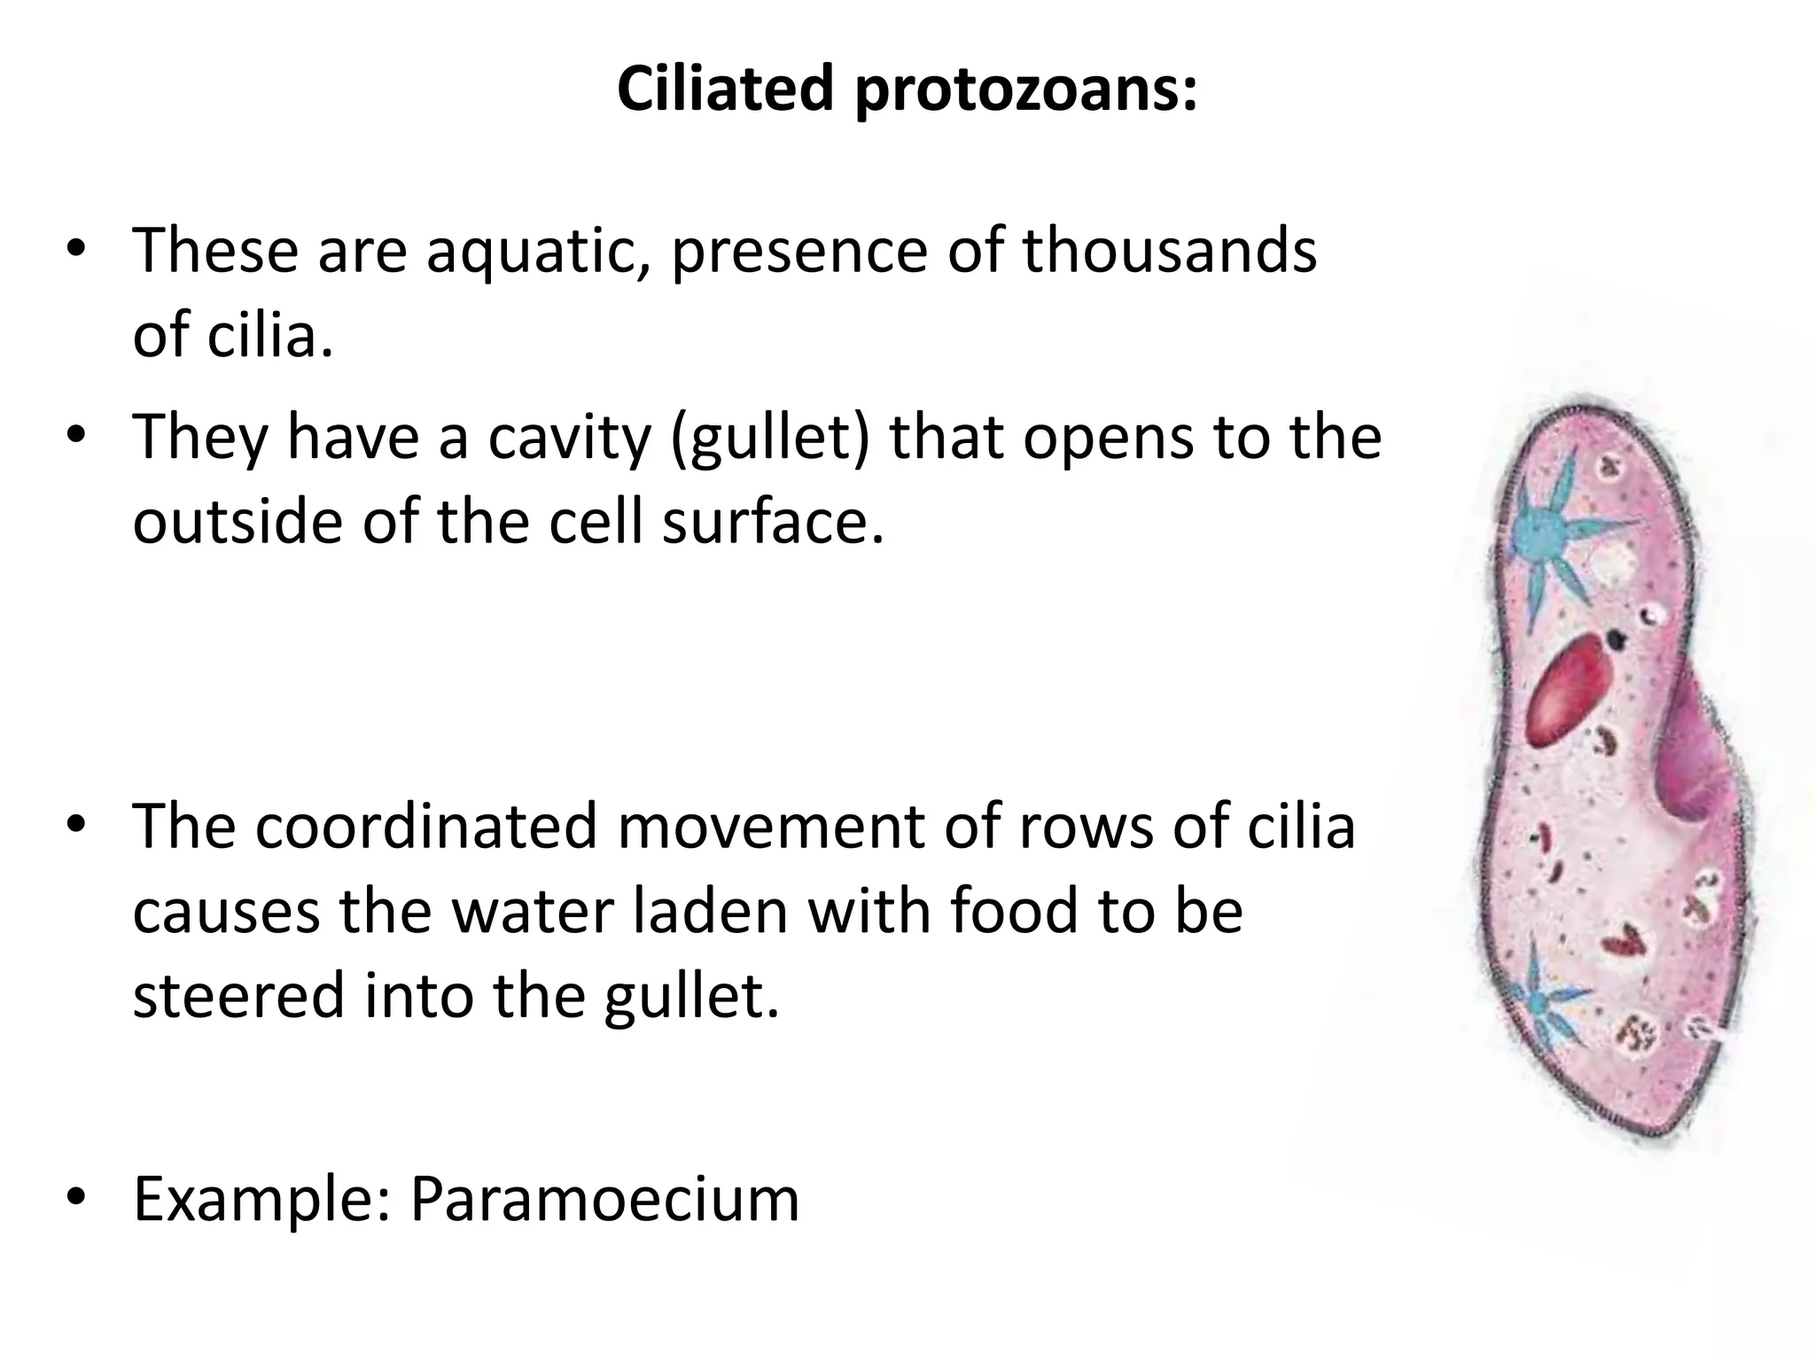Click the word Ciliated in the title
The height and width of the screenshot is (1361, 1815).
pyautogui.click(x=725, y=89)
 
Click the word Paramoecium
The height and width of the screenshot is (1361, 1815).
pyautogui.click(x=604, y=1199)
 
